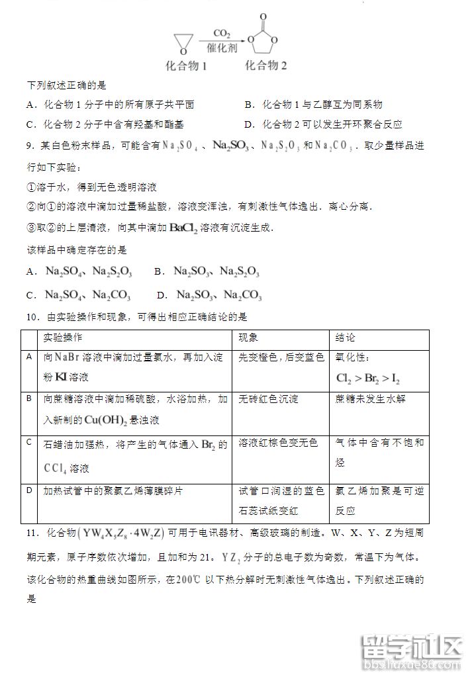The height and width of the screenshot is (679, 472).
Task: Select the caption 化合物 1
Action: coord(186,66)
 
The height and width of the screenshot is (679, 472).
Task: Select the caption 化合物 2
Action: coord(266,66)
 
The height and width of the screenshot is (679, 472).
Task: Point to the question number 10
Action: coord(32,318)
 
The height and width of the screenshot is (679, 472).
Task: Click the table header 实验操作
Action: coord(64,338)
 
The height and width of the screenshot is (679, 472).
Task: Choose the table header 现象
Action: coord(249,338)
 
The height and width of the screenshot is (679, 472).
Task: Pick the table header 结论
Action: coord(346,338)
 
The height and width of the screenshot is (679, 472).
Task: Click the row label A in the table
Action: coord(28,357)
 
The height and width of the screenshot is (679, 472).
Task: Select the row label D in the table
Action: coord(28,490)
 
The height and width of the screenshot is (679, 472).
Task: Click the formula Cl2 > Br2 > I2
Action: coord(368,379)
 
